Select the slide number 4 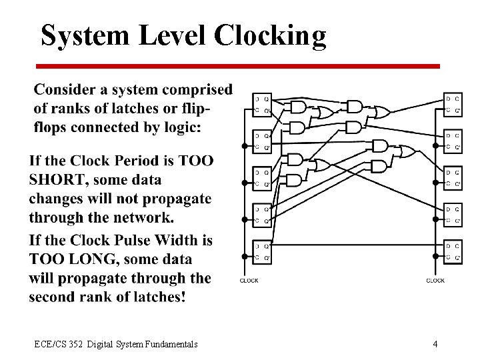point(435,344)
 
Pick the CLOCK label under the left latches point(249,281)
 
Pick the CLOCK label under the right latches point(435,281)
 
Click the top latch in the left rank point(262,105)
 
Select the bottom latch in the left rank point(262,251)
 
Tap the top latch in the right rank point(453,105)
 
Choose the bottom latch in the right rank point(453,251)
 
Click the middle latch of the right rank point(453,178)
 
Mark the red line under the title point(238,66)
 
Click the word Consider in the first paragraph point(70,89)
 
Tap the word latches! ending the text point(153,297)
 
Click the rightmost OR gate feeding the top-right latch point(381,113)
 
